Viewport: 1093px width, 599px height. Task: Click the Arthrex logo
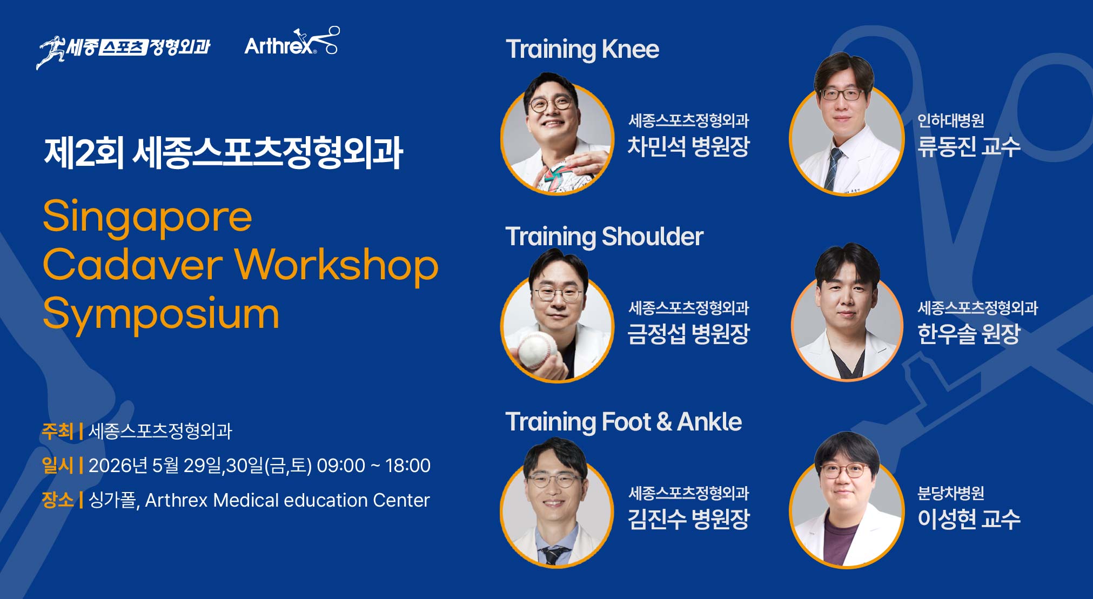click(x=292, y=42)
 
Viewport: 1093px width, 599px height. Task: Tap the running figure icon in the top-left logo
click(x=51, y=52)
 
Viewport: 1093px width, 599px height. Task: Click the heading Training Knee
click(x=582, y=50)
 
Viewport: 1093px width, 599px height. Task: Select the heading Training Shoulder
click(x=604, y=237)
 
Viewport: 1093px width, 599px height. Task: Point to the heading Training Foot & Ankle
click(x=623, y=422)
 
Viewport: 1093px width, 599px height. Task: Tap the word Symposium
click(x=161, y=314)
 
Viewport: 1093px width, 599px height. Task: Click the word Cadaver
click(x=133, y=265)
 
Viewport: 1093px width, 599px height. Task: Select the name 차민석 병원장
click(x=688, y=146)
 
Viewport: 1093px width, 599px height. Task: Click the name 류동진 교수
click(x=969, y=146)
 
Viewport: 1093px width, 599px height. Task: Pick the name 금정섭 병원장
click(x=688, y=333)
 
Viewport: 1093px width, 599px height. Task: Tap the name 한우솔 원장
click(x=969, y=333)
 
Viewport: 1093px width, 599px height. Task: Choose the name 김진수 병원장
click(x=688, y=519)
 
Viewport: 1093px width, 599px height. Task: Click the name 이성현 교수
click(x=969, y=519)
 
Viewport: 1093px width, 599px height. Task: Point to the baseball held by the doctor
click(x=537, y=349)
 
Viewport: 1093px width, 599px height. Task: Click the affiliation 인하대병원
click(x=950, y=120)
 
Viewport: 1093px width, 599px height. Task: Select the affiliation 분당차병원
click(x=950, y=493)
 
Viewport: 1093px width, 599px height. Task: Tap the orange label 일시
click(x=57, y=465)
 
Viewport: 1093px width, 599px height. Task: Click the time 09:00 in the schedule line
click(x=341, y=466)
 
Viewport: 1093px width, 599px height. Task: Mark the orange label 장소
click(x=57, y=500)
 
